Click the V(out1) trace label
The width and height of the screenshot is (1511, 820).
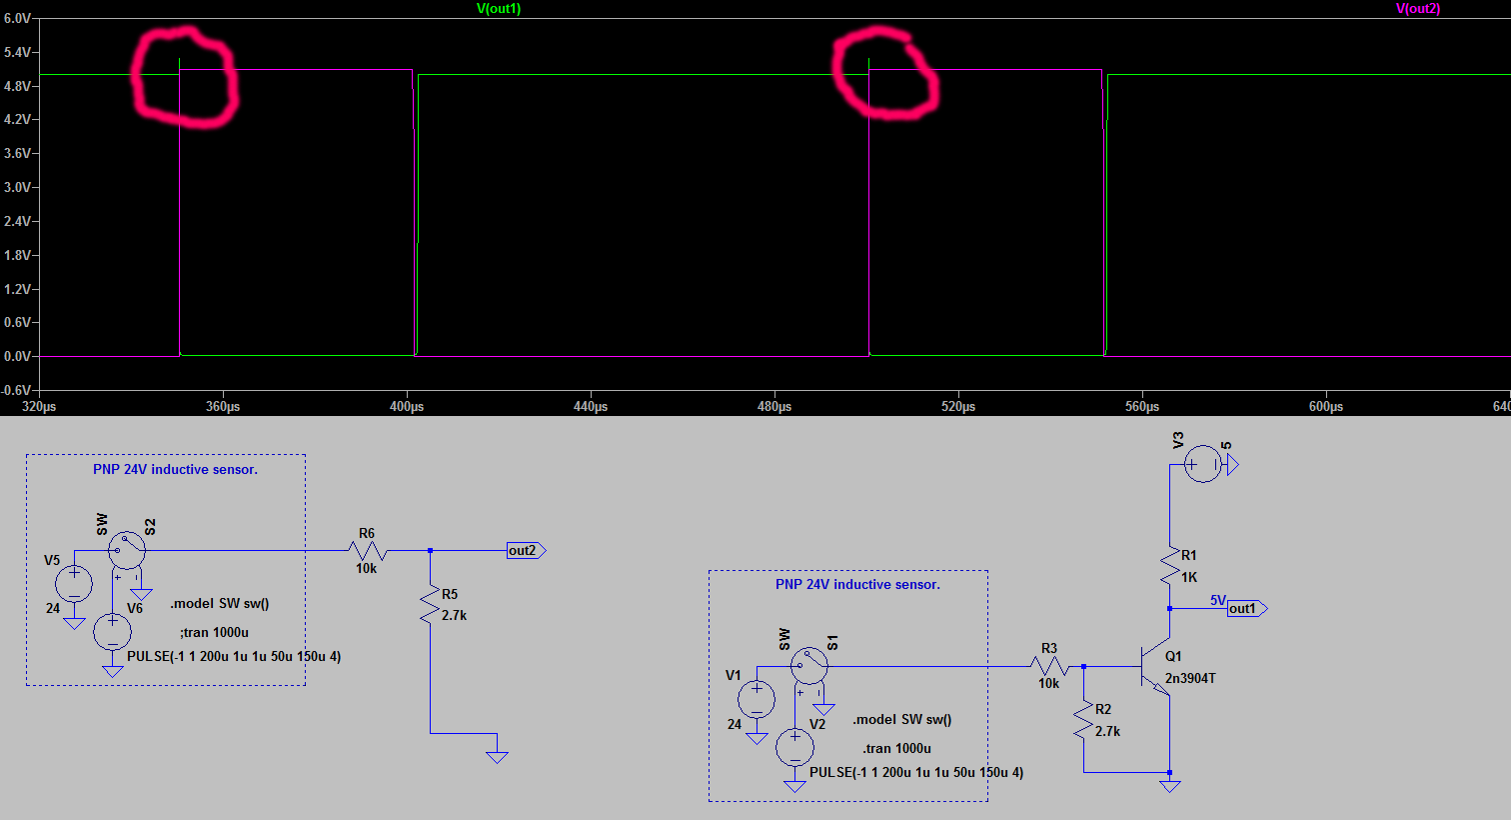pos(499,9)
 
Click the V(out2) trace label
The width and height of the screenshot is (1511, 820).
pos(1418,9)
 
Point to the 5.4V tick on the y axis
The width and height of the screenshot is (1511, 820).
pos(18,53)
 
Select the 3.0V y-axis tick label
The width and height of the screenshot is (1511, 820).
pos(18,188)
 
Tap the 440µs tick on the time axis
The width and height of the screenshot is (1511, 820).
pos(591,406)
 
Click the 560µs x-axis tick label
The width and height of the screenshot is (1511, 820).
pos(1142,406)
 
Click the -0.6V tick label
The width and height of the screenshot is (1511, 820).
pos(17,390)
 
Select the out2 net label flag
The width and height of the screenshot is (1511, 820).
pos(526,551)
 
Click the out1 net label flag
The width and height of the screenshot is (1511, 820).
pos(1247,609)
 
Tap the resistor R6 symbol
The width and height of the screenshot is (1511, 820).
pos(368,551)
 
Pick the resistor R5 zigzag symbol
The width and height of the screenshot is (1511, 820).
pos(430,605)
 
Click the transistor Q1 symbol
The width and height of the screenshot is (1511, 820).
pos(1156,666)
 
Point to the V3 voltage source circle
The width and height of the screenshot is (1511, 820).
pos(1203,464)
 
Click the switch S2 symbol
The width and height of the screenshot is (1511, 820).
pos(127,551)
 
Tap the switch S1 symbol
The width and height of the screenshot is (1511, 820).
pos(809,666)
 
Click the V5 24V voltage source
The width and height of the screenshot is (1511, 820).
pos(74,584)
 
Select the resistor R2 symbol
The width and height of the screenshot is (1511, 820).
pos(1083,720)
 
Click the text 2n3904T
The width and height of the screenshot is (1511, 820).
pos(1190,678)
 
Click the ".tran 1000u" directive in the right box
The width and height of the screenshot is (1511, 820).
pos(896,748)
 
